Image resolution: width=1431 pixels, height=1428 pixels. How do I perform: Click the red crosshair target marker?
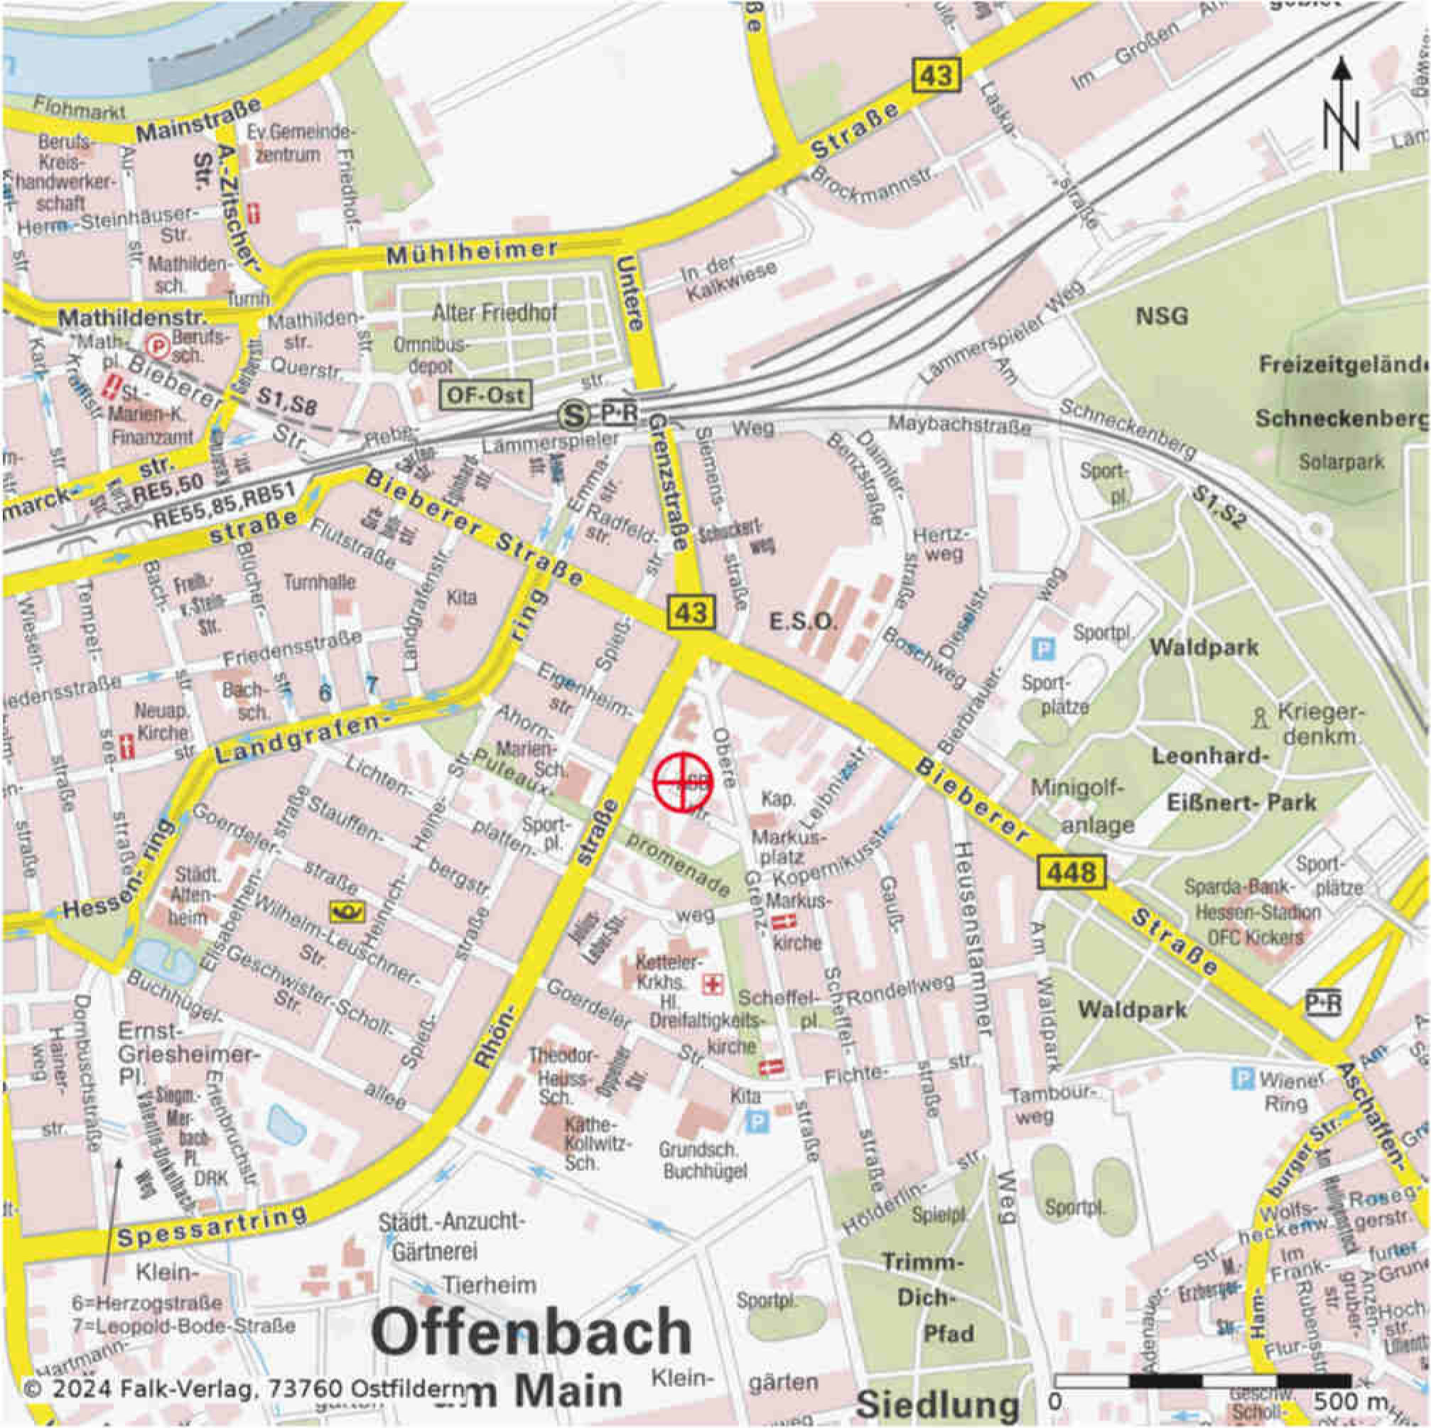682,782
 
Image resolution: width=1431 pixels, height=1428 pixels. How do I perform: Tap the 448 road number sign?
1071,872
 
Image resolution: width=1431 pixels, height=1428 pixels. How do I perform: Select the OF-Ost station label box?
486,395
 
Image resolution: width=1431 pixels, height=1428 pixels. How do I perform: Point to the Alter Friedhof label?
495,313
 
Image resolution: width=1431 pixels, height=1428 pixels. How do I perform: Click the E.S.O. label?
802,622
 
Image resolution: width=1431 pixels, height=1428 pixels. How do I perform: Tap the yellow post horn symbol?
347,911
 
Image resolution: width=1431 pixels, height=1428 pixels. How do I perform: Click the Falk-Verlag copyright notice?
244,1388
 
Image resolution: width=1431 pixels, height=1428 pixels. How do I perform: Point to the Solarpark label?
1341,461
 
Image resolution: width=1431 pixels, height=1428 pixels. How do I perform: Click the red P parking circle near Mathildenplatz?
158,345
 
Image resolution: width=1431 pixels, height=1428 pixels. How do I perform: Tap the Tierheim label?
489,1284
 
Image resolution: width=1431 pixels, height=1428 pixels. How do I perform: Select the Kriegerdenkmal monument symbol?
1258,717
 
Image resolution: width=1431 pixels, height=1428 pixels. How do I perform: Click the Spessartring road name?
212,1225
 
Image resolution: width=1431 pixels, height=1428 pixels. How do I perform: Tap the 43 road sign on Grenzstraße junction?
691,612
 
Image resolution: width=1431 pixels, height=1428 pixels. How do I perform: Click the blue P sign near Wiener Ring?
1242,1078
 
